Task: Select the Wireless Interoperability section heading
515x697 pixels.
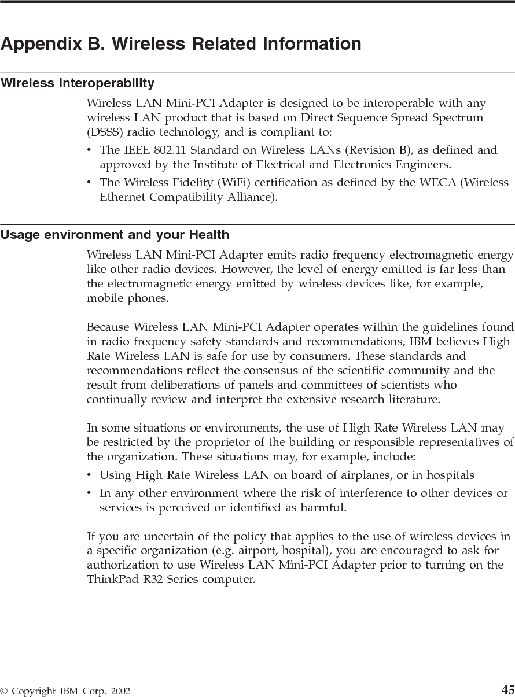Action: [x=78, y=83]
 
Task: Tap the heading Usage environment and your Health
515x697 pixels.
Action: [x=115, y=235]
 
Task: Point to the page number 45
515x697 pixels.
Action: [x=507, y=689]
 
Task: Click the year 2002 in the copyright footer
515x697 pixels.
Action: [x=120, y=691]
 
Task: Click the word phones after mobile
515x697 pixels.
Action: [x=150, y=299]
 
